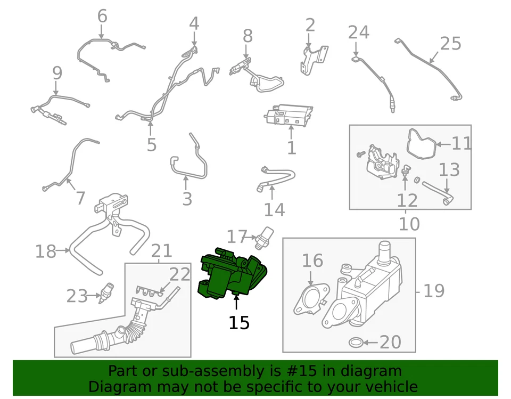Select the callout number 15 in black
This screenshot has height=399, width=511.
(x=239, y=322)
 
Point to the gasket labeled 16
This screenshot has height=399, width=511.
(x=309, y=299)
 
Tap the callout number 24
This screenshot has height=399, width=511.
(x=358, y=32)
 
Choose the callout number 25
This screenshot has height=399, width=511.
(x=450, y=43)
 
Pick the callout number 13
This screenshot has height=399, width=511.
(x=449, y=170)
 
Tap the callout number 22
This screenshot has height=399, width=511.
(x=179, y=274)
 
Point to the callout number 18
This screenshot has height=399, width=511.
(x=46, y=251)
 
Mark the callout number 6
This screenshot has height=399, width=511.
(x=102, y=16)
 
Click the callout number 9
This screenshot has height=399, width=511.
(x=57, y=74)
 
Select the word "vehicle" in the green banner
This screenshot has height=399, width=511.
(x=391, y=386)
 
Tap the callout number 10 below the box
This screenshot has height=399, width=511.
(x=409, y=224)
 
